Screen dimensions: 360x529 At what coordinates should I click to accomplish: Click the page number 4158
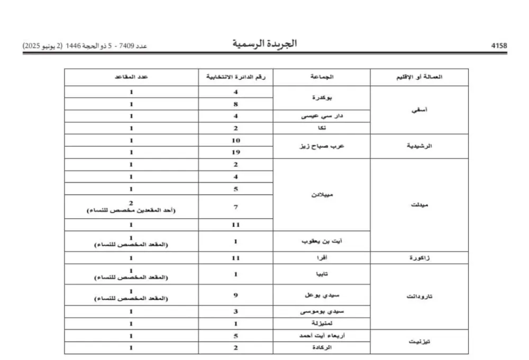(499, 46)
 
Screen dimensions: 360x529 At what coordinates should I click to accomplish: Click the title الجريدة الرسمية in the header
(264, 44)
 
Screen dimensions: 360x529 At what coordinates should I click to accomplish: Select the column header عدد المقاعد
(131, 77)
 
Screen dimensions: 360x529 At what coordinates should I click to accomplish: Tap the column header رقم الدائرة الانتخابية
(236, 77)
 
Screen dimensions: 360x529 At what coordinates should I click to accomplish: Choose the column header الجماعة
(322, 77)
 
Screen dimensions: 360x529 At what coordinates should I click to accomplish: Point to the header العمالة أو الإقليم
(420, 77)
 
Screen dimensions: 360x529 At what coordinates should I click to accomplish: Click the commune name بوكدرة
(322, 98)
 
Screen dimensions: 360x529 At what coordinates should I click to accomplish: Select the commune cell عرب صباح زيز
(322, 146)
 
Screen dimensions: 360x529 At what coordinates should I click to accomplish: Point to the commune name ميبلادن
(322, 195)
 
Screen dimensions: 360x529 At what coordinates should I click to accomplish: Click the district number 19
(236, 152)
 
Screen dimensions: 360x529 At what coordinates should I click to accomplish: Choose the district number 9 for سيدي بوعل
(236, 295)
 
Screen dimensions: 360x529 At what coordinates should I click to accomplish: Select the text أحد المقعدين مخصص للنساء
(131, 210)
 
